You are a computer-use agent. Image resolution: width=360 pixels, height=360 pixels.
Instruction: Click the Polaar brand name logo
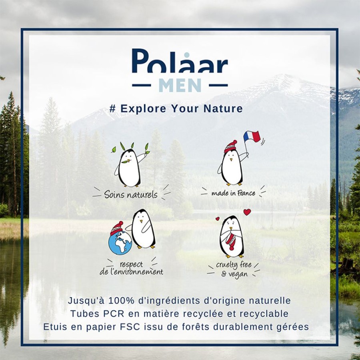tap(180, 61)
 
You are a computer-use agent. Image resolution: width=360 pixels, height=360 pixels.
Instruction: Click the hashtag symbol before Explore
tap(112, 108)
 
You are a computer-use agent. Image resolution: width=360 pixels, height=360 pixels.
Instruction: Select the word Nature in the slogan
tap(223, 108)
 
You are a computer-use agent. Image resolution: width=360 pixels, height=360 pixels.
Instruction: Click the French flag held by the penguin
tap(251, 137)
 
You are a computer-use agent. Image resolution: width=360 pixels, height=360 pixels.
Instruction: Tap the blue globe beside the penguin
tap(120, 243)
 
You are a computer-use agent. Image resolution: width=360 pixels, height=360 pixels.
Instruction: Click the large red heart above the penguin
tap(247, 212)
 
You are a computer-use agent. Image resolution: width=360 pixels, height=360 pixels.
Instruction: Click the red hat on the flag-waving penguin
tap(230, 146)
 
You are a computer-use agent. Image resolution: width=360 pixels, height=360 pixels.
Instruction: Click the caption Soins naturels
tap(131, 195)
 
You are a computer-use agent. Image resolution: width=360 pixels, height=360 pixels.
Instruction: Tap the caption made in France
tap(233, 193)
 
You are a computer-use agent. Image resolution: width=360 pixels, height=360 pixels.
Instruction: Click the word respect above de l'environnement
tap(131, 264)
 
